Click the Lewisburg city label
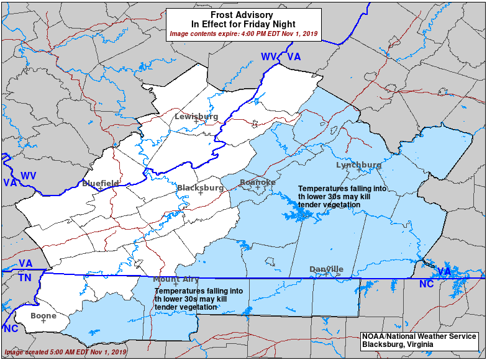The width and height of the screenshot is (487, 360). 196,116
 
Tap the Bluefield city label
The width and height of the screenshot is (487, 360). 100,183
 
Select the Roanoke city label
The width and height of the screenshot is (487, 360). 257,182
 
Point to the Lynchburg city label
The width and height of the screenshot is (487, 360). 358,164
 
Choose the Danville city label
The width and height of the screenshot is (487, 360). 326,269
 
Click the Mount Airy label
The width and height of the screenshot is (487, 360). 176,279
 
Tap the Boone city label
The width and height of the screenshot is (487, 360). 43,315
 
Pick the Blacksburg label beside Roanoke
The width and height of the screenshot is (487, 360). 200,187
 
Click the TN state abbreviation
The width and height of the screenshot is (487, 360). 24,277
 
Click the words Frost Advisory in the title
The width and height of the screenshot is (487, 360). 243,14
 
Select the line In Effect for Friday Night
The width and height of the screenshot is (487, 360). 243,24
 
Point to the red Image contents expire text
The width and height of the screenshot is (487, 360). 243,34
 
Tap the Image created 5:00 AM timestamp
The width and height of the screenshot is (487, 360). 65,352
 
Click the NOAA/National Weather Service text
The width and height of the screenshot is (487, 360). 419,336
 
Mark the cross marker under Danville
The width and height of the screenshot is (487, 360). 326,274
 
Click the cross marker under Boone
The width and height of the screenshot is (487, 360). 43,321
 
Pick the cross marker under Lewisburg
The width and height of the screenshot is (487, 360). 196,122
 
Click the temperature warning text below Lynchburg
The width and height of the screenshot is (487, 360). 342,196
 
